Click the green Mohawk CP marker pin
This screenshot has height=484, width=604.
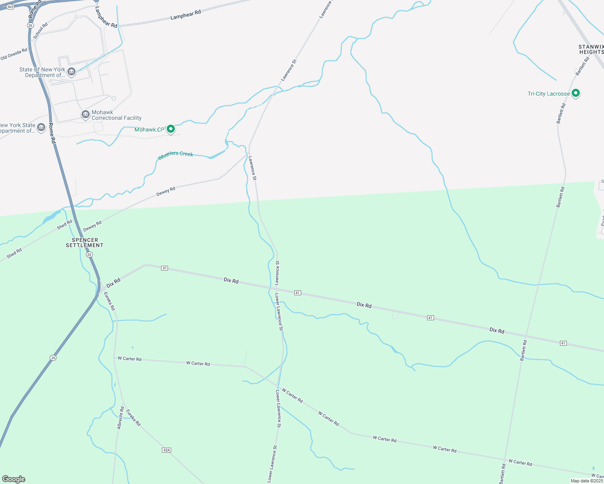pos(171,129)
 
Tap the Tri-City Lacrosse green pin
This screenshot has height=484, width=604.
pos(576,94)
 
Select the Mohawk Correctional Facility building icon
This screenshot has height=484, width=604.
pos(86,115)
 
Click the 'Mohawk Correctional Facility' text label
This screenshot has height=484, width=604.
pos(116,115)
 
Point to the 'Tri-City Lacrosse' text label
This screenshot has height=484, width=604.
pos(549,94)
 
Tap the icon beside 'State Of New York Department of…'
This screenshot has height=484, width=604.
pos(71,72)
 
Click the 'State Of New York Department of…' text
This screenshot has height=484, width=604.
pos(42,73)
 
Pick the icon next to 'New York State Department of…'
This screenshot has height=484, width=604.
pos(41,128)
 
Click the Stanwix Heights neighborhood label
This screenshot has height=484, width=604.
pos(591,50)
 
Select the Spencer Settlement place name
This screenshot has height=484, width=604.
pos(85,242)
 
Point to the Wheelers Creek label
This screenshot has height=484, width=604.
pos(175,155)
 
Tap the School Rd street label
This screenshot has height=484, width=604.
pos(40,31)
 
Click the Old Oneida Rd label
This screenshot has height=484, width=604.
pos(14,54)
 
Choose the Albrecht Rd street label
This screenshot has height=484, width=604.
pos(121,417)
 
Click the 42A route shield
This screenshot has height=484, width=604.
pos(166,450)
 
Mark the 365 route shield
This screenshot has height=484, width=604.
pos(10,7)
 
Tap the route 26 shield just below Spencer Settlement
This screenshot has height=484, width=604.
pos(89,255)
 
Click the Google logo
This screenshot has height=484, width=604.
pos(14,479)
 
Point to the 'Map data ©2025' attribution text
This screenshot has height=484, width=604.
pos(587,481)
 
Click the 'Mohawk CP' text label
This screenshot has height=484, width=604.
pos(149,129)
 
